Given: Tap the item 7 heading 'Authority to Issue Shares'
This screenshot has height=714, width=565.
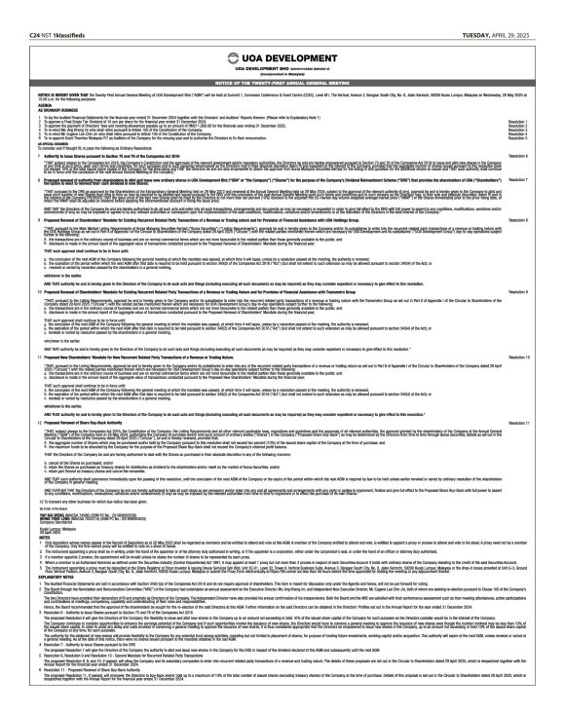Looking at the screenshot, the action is point(78,156).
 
